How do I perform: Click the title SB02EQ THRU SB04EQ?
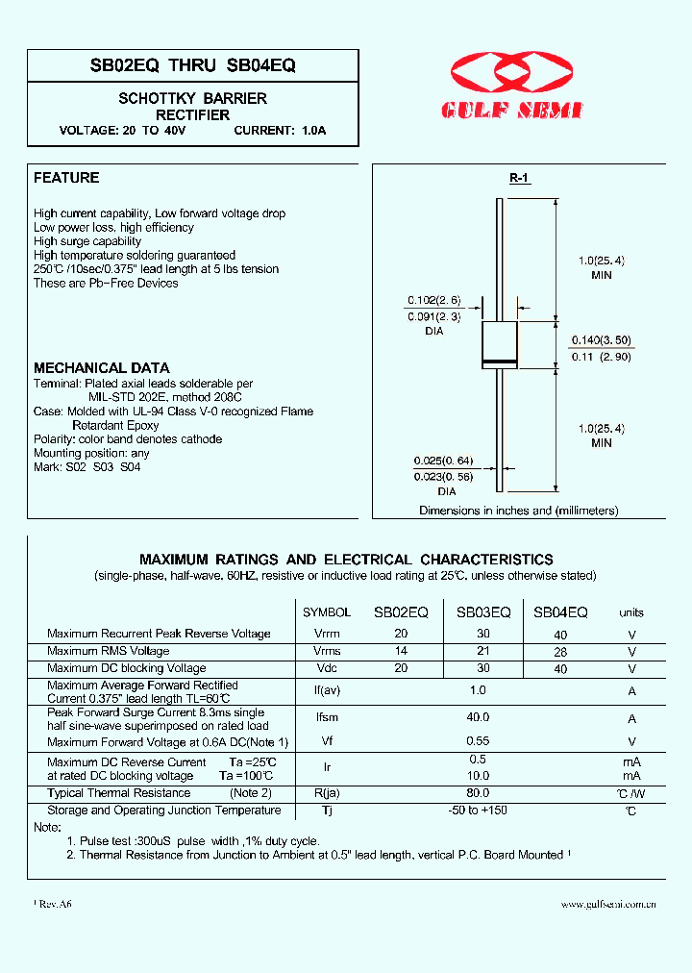click(192, 65)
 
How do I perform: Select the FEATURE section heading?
click(66, 178)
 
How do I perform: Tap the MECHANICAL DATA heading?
click(102, 368)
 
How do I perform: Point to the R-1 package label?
click(519, 178)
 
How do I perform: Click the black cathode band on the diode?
click(499, 361)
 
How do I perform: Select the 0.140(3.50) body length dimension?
click(603, 340)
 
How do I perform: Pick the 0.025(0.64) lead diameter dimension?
click(443, 461)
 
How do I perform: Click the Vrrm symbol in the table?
click(327, 635)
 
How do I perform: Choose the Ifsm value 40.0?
click(478, 717)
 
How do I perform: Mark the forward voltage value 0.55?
click(478, 742)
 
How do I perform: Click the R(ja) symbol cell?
click(327, 793)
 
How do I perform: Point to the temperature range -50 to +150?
click(478, 811)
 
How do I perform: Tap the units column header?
click(631, 612)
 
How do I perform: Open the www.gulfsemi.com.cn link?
click(607, 904)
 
